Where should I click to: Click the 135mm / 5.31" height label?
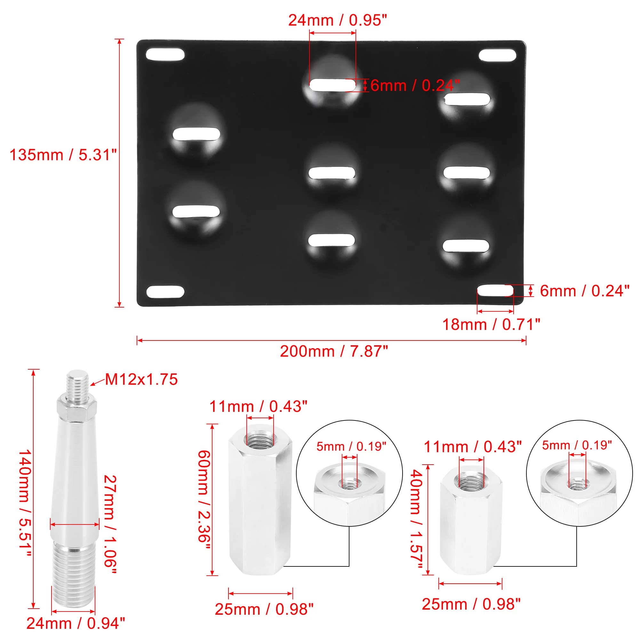(63, 155)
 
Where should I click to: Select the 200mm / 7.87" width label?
(333, 351)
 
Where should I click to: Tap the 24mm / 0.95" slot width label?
(337, 20)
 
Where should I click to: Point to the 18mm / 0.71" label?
(491, 324)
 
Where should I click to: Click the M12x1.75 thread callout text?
(141, 380)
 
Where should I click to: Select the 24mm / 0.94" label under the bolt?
(76, 623)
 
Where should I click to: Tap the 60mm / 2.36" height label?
(204, 500)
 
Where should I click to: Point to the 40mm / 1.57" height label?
(416, 519)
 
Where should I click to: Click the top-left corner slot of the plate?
(165, 55)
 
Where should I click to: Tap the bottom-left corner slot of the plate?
(165, 292)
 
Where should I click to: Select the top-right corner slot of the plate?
(497, 55)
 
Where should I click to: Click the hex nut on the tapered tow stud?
(76, 407)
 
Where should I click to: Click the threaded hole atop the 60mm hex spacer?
(260, 440)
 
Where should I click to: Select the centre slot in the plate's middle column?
(332, 173)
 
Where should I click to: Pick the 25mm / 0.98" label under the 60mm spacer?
(264, 609)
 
